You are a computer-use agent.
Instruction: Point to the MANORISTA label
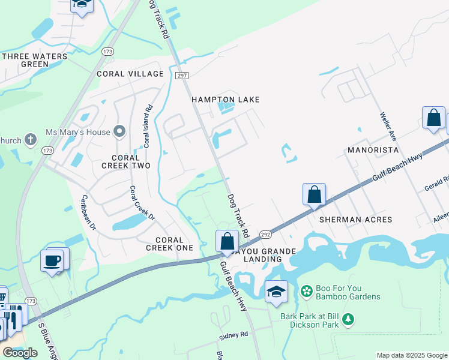[373, 149]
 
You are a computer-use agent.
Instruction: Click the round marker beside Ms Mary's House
[120, 131]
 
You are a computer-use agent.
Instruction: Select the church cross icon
[31, 140]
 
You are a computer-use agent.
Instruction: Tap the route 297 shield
[182, 75]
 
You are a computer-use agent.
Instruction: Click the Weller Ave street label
[390, 126]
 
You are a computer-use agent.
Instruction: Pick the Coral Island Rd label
[147, 127]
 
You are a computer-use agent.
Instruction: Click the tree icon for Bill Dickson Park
[348, 320]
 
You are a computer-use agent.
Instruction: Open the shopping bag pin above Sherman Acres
[314, 194]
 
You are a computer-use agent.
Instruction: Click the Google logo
[20, 353]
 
